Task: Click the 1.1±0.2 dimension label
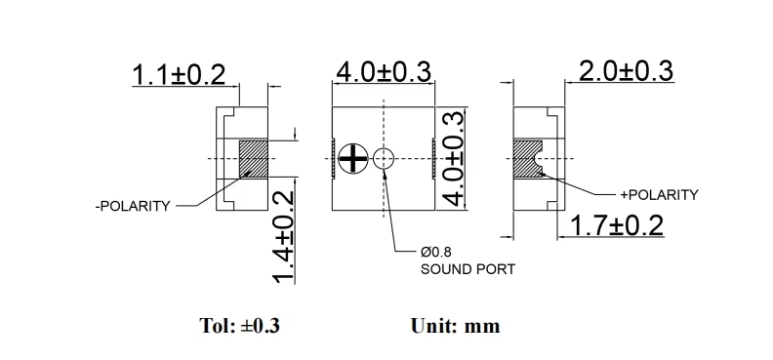coord(179,75)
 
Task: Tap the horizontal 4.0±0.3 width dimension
coord(384,72)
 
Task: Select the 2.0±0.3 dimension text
coord(626,71)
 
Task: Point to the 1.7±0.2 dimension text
coord(617,226)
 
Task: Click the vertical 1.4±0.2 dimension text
coord(284,237)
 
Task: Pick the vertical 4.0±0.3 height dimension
coord(453,159)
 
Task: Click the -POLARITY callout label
coord(133,206)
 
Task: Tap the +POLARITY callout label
coord(659,195)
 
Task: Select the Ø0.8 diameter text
coord(436,252)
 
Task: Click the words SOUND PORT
coord(468,269)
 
